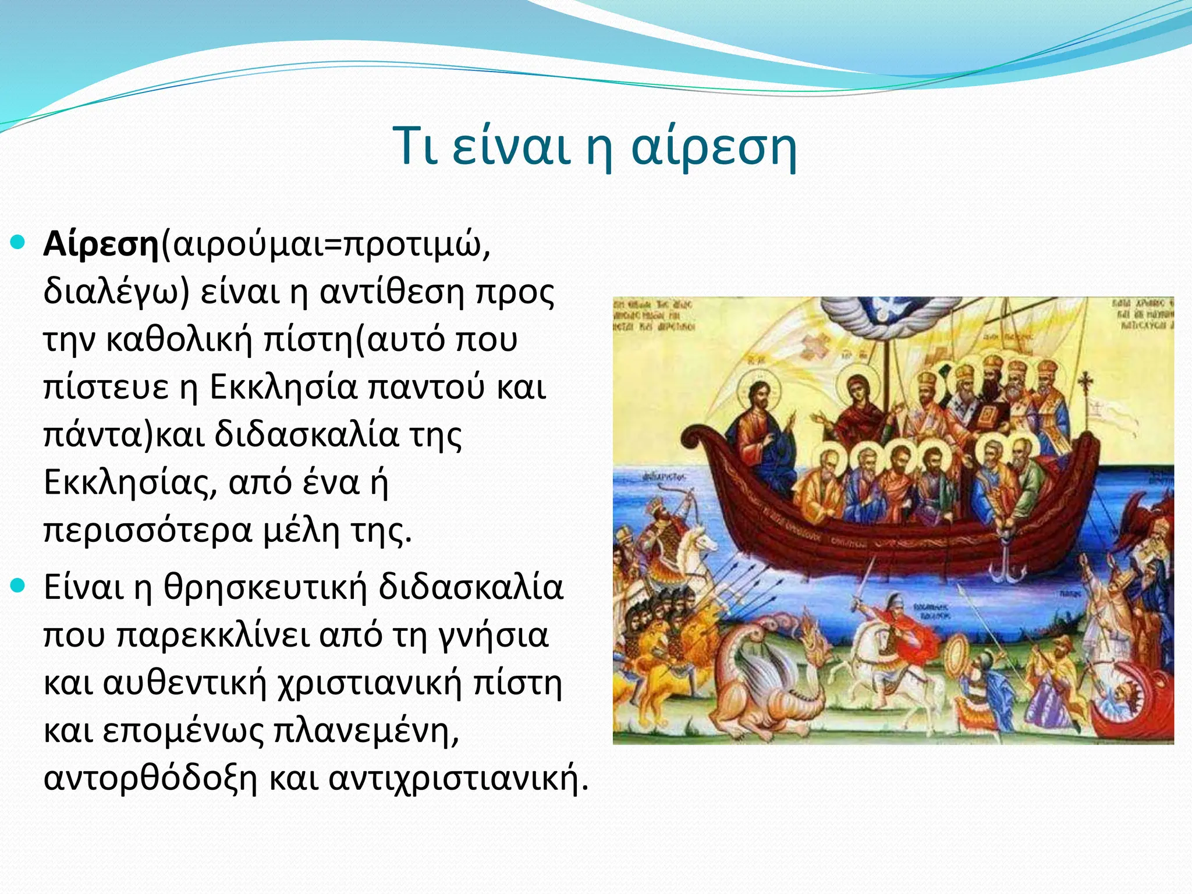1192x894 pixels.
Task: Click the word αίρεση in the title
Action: point(714,148)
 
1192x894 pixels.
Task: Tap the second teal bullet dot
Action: point(19,584)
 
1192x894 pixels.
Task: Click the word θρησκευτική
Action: point(265,587)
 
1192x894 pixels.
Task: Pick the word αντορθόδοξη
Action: point(150,778)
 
